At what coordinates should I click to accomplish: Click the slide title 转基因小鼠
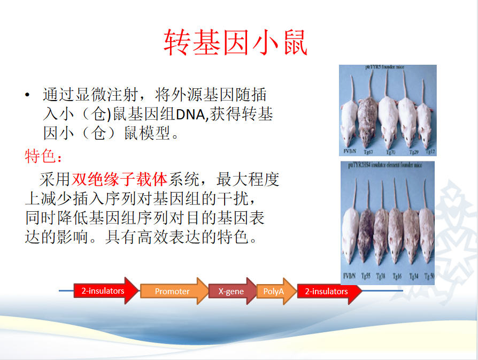tap(235, 43)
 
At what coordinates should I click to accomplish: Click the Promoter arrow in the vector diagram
tap(172, 292)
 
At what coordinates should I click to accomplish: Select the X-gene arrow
tap(231, 292)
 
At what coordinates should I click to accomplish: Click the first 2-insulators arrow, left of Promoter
tap(103, 291)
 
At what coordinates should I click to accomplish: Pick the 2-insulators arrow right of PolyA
tap(326, 292)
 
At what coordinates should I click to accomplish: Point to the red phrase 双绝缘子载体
tap(120, 179)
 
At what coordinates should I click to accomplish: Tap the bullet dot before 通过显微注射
tap(27, 96)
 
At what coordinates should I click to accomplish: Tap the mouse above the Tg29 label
tap(408, 120)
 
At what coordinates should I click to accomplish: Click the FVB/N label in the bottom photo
tap(350, 275)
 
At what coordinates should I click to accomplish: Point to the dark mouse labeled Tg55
tap(366, 235)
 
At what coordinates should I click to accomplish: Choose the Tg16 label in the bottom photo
tap(397, 275)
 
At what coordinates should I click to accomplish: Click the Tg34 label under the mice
tap(413, 275)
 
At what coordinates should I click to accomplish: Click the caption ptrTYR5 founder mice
tap(388, 68)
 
